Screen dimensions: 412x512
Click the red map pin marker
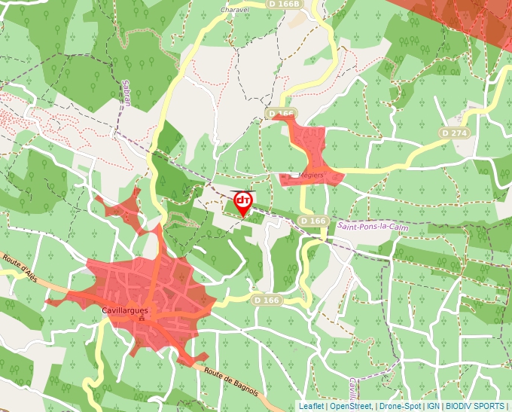point(242,201)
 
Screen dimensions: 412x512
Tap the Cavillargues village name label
point(126,309)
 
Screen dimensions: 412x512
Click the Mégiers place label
point(311,175)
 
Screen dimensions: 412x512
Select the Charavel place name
point(234,10)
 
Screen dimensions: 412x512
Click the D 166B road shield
point(284,4)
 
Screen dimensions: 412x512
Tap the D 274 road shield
point(455,133)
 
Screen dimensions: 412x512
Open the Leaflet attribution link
point(311,406)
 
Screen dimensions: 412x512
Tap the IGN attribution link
point(433,406)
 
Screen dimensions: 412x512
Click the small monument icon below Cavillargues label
point(141,319)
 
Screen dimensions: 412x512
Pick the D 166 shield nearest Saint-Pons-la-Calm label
point(312,221)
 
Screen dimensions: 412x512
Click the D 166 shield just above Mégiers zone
point(281,114)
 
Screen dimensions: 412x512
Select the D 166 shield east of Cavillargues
point(266,300)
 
